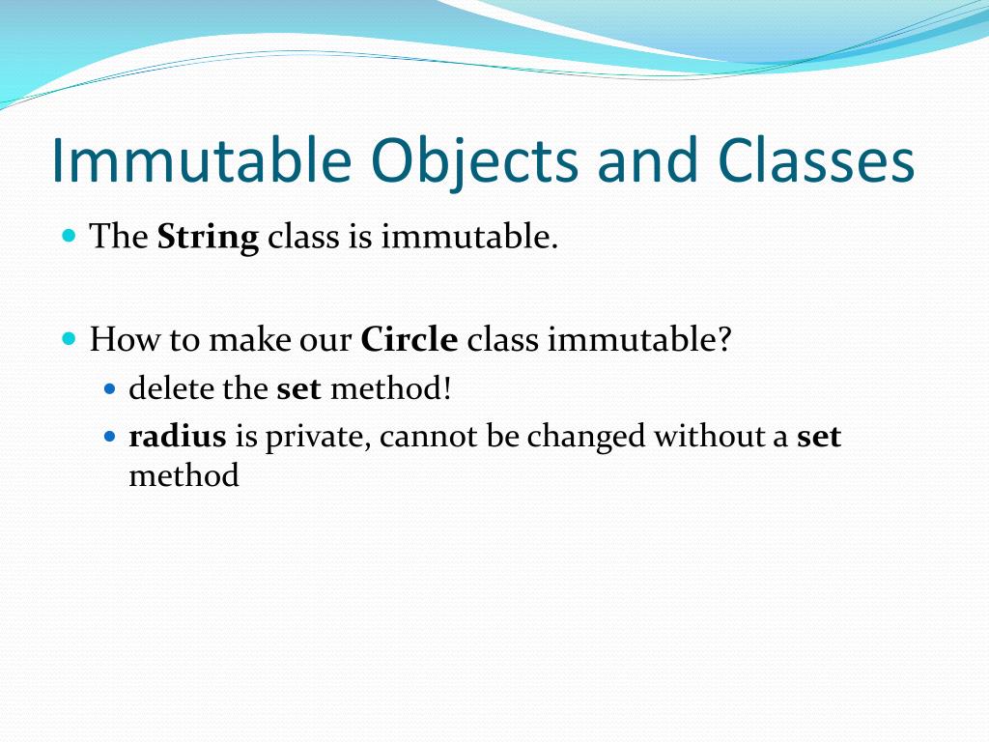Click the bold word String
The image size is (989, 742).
coord(208,238)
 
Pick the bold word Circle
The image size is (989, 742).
coord(409,340)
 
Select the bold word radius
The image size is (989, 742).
coord(178,437)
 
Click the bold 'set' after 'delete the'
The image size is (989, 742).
coord(298,388)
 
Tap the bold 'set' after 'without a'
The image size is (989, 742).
coord(819,437)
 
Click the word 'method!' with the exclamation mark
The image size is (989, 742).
coord(391,388)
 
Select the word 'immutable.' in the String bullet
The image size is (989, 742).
coord(469,238)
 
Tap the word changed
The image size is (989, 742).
coord(586,437)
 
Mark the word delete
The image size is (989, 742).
coord(167,388)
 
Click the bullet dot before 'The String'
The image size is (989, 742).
coord(69,236)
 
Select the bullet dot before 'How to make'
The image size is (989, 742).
coord(69,339)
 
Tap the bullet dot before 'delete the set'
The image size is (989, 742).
coord(109,389)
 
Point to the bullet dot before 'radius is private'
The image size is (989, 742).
coord(109,437)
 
